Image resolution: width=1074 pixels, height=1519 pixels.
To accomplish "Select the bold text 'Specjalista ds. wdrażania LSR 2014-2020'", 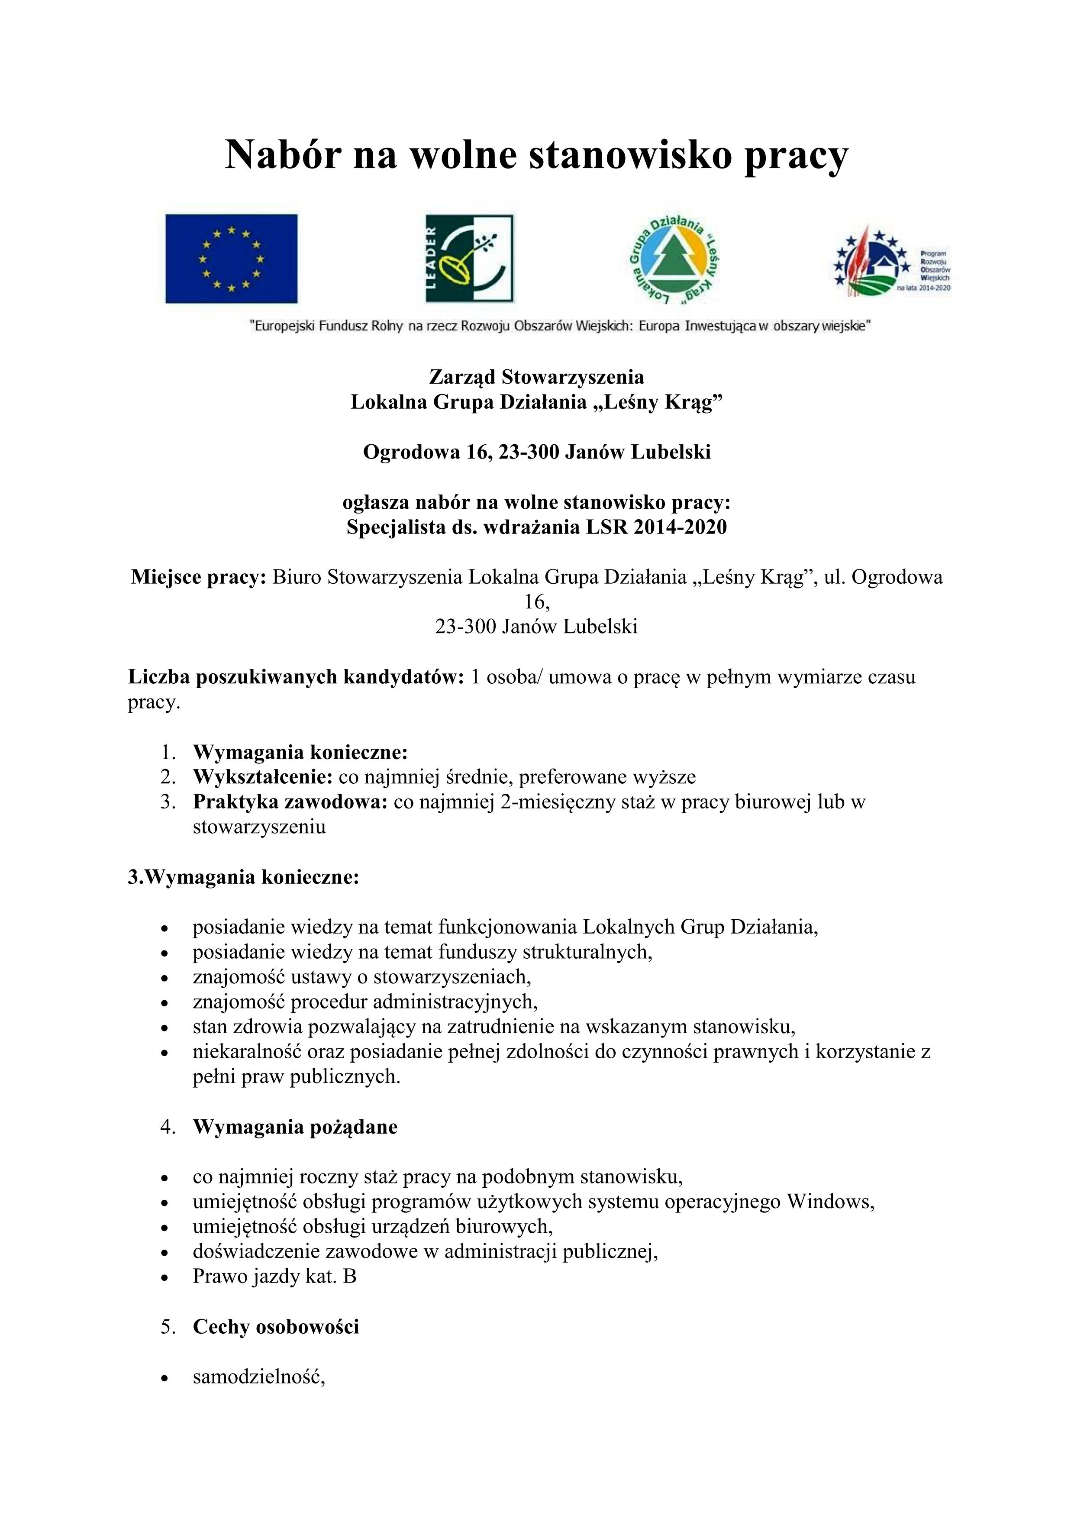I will pos(536,527).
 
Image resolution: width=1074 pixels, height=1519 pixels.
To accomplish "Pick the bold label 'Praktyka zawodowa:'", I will pos(290,802).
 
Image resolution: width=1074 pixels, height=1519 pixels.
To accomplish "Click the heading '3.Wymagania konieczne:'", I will pos(243,877).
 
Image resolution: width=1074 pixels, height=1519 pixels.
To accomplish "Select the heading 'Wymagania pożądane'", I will pos(295,1127).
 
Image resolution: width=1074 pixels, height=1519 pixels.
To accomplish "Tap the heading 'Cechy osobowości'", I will pos(276,1326).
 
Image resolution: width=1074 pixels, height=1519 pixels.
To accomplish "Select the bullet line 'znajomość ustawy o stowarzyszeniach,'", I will pos(362,976).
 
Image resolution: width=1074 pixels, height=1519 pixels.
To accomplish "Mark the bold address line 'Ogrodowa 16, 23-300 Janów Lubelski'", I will pos(536,452).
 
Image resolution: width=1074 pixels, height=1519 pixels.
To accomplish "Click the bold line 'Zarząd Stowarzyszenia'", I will pos(536,377).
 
